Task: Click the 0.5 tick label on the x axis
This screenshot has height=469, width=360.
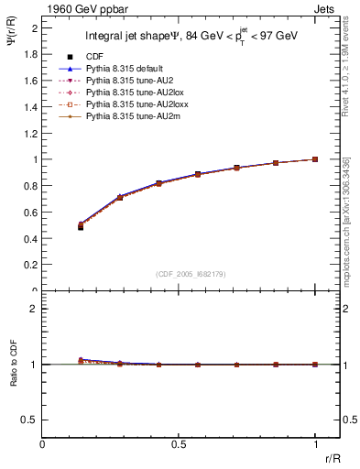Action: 179,444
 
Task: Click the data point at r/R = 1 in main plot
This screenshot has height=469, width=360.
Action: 315,159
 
